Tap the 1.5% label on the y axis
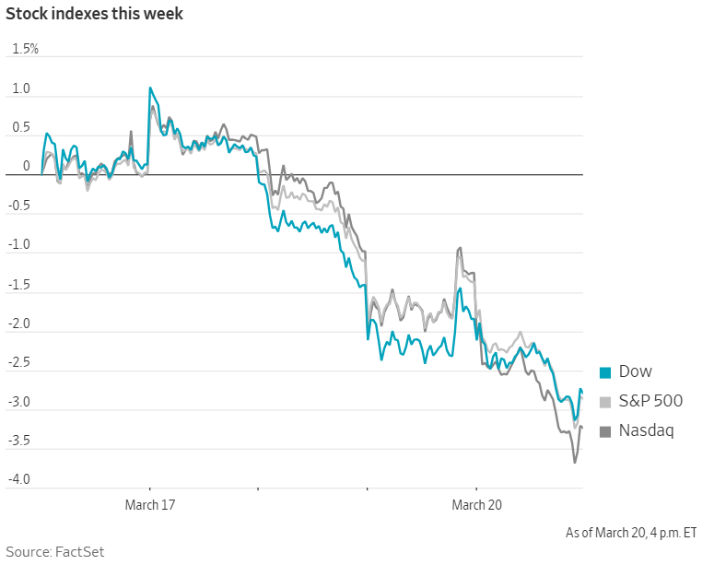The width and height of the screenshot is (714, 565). pyautogui.click(x=25, y=49)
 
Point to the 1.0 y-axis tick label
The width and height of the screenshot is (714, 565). pyautogui.click(x=21, y=89)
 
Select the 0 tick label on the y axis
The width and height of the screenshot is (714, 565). pyautogui.click(x=27, y=167)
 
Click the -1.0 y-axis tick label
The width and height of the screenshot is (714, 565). pyautogui.click(x=19, y=245)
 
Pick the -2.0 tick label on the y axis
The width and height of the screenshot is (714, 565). pyautogui.click(x=19, y=324)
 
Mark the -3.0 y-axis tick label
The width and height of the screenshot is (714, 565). pyautogui.click(x=19, y=402)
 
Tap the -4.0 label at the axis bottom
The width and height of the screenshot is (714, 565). pyautogui.click(x=19, y=480)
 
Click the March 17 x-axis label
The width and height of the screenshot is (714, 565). pyautogui.click(x=150, y=505)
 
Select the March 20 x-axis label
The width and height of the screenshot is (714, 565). pyautogui.click(x=476, y=505)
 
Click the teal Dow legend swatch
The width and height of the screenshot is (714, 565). pyautogui.click(x=605, y=372)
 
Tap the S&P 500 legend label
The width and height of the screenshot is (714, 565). pyautogui.click(x=650, y=401)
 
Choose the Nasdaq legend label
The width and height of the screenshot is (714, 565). pyautogui.click(x=646, y=430)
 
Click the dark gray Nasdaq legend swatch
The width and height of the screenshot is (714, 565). pyautogui.click(x=605, y=430)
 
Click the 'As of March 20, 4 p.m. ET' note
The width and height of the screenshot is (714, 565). pyautogui.click(x=631, y=533)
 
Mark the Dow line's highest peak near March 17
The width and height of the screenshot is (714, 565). pyautogui.click(x=150, y=88)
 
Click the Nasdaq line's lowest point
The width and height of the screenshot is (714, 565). pyautogui.click(x=575, y=462)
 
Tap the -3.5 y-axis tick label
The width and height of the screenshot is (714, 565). pyautogui.click(x=19, y=441)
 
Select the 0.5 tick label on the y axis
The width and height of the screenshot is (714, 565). pyautogui.click(x=21, y=128)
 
